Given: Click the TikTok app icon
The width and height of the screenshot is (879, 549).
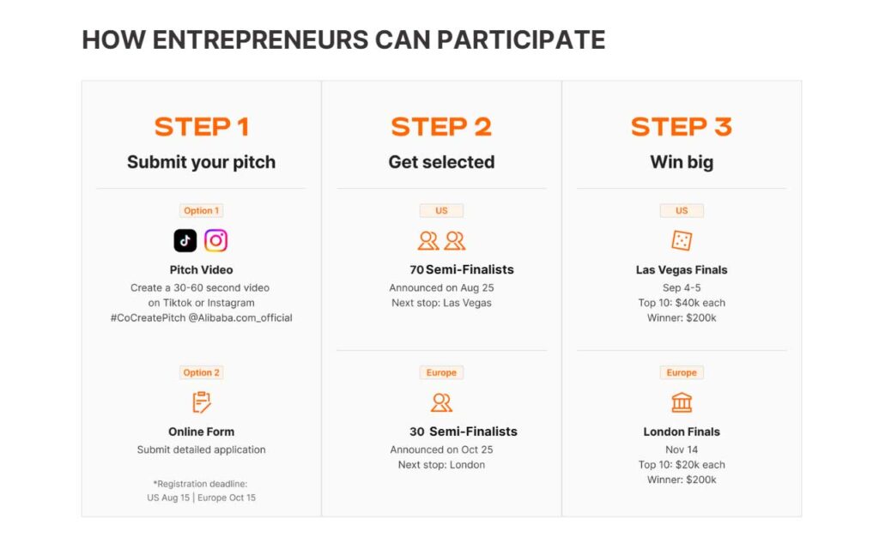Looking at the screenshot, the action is click(x=185, y=240).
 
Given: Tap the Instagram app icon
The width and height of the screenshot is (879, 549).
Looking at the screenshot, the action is click(x=215, y=240).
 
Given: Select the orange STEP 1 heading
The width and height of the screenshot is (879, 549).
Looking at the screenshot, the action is click(x=201, y=127).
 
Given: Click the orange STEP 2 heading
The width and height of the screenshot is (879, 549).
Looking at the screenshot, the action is click(x=441, y=127).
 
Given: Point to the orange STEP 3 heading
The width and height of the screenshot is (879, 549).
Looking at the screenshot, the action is click(x=681, y=127).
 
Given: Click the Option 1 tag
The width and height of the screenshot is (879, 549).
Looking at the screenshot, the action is click(x=201, y=211).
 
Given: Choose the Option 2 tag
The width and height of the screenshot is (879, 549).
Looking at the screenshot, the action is click(x=201, y=372).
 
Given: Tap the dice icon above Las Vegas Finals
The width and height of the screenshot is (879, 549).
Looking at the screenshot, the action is click(x=682, y=240).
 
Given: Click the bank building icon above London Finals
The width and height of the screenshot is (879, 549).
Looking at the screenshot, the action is click(x=682, y=402).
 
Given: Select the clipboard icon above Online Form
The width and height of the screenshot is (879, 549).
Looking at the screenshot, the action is click(x=201, y=402).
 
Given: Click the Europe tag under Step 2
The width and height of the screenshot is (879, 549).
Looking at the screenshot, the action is click(x=441, y=372).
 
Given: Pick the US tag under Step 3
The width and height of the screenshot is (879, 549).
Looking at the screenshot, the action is click(x=682, y=211).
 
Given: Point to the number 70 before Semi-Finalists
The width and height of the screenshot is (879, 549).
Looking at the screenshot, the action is click(x=416, y=270).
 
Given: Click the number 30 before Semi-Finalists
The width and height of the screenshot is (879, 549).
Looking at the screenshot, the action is click(x=416, y=432).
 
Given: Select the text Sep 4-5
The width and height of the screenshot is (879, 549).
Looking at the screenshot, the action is click(x=682, y=288).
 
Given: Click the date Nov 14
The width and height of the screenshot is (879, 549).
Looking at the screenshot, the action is click(x=682, y=449).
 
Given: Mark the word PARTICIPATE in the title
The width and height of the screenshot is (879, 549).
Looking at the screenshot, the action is click(x=521, y=39).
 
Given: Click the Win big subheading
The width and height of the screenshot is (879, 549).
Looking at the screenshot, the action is click(x=682, y=162).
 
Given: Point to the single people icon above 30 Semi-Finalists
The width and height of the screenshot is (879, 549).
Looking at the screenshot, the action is click(x=441, y=402).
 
